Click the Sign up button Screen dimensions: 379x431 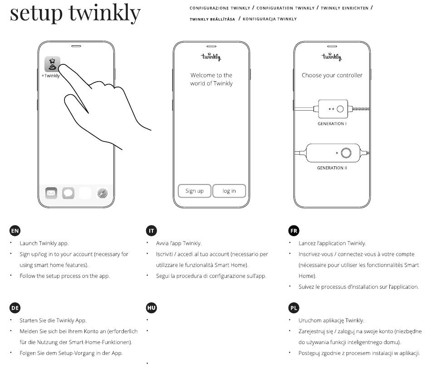tap(194, 191)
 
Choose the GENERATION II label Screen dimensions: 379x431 tap(332, 168)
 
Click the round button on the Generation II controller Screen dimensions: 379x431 tap(346, 153)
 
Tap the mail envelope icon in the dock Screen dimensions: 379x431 tap(51, 193)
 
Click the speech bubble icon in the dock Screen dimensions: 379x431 tap(68, 193)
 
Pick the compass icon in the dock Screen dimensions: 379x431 tap(103, 193)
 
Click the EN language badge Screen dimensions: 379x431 tap(15, 230)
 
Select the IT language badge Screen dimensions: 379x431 tap(152, 230)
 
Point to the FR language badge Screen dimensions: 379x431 tap(294, 230)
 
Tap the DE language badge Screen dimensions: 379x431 tap(15, 308)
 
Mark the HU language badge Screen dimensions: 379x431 tap(152, 308)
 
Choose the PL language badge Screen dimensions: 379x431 tap(294, 308)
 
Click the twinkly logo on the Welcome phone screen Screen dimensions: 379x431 tap(211, 57)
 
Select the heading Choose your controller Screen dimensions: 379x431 tap(332, 75)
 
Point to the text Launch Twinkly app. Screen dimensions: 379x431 tap(44, 243)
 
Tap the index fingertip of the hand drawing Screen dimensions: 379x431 tap(62, 66)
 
